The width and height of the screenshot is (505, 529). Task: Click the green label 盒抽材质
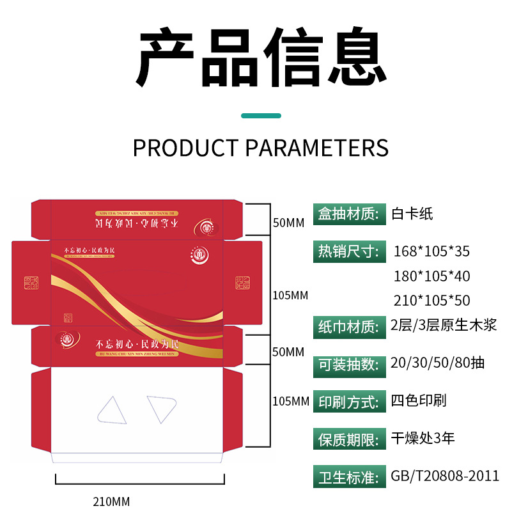(x=349, y=214)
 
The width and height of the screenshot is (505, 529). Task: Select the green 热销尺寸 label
(x=349, y=251)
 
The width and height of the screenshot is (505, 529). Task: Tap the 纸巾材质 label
(x=349, y=326)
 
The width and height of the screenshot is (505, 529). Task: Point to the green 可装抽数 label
(x=349, y=364)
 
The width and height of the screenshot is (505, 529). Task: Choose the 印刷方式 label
(x=349, y=402)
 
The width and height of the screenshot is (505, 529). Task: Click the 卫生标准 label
(x=349, y=477)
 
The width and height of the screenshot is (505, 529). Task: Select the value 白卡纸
(x=412, y=214)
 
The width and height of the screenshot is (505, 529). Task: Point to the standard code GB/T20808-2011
(x=445, y=477)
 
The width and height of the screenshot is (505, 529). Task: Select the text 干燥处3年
(x=423, y=439)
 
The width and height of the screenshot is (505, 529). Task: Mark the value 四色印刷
(x=419, y=401)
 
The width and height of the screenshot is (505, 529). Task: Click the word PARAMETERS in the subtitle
(x=317, y=148)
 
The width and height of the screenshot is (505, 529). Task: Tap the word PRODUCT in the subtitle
(x=185, y=148)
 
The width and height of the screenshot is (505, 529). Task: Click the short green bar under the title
(x=261, y=116)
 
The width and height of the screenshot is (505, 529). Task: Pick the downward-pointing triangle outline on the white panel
(x=161, y=407)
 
